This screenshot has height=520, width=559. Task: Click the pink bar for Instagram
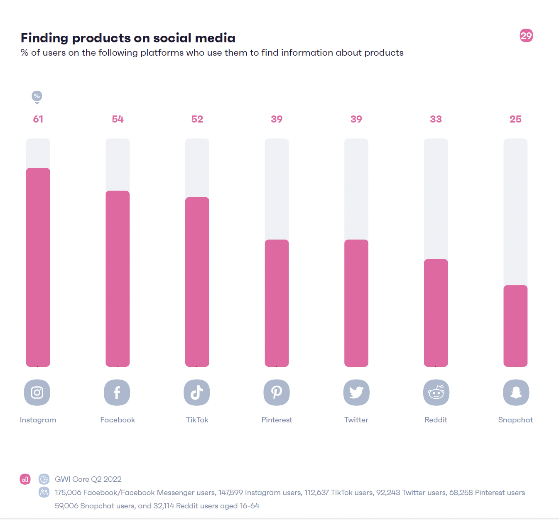pyautogui.click(x=38, y=267)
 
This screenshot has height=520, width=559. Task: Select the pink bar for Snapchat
pyautogui.click(x=515, y=326)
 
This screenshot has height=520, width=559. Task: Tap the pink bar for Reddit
pyautogui.click(x=436, y=313)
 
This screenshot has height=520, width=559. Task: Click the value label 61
pyautogui.click(x=38, y=119)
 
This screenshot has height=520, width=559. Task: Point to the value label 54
pyautogui.click(x=118, y=119)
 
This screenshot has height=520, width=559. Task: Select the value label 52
pyautogui.click(x=197, y=119)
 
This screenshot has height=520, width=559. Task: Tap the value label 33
pyautogui.click(x=436, y=119)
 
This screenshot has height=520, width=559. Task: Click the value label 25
pyautogui.click(x=515, y=119)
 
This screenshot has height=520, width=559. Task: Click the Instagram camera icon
pyautogui.click(x=37, y=392)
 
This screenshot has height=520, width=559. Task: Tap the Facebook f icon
pyautogui.click(x=117, y=392)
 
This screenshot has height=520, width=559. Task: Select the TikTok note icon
pyautogui.click(x=197, y=392)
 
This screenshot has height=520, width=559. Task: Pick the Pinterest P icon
pyautogui.click(x=277, y=392)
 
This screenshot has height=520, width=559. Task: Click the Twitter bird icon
pyautogui.click(x=356, y=392)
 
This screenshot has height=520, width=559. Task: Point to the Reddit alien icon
pyautogui.click(x=436, y=392)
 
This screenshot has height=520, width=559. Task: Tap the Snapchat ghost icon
pyautogui.click(x=516, y=392)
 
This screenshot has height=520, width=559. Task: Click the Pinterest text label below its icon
pyautogui.click(x=277, y=420)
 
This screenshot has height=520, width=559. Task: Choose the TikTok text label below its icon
pyautogui.click(x=197, y=420)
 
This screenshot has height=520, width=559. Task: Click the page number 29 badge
pyautogui.click(x=526, y=36)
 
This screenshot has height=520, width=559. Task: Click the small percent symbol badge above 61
pyautogui.click(x=37, y=96)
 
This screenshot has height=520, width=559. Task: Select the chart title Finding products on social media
pyautogui.click(x=128, y=38)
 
